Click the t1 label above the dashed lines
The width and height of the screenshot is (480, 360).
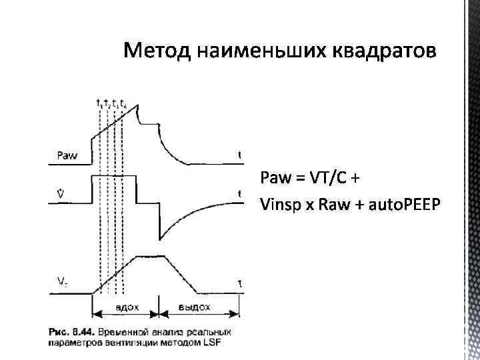click(x=99, y=103)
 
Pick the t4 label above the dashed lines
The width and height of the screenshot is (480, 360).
click(x=124, y=103)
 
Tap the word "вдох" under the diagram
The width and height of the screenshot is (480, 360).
click(x=126, y=307)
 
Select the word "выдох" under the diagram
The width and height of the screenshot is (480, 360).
click(x=195, y=307)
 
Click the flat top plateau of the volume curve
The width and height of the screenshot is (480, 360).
click(x=148, y=256)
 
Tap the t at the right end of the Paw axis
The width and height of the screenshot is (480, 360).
click(x=240, y=155)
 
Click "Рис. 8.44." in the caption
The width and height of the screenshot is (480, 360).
click(x=70, y=331)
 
